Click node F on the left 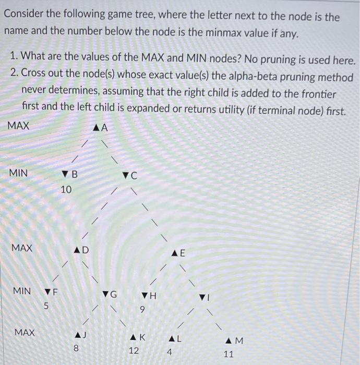pos(50,291)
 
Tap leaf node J pos(79,334)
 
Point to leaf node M pos(232,341)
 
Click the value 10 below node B pos(66,190)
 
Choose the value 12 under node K pos(134,351)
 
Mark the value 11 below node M pos(229,355)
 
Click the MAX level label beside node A pos(18,126)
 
